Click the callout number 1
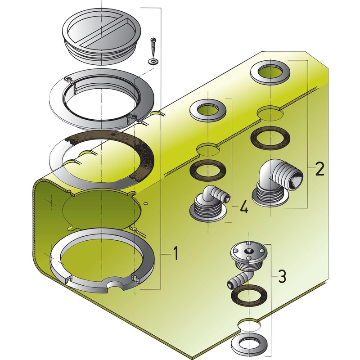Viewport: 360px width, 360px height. (x=175, y=253)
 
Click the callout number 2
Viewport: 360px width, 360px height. (x=319, y=169)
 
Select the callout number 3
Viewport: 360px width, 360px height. (x=282, y=276)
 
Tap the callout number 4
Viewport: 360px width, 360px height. (x=243, y=207)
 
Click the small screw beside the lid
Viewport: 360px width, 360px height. (x=153, y=48)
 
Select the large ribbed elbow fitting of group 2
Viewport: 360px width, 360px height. (x=278, y=185)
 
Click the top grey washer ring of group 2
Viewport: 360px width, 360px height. (x=270, y=72)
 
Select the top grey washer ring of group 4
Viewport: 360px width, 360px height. (x=208, y=111)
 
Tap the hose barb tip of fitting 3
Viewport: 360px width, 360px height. (x=229, y=285)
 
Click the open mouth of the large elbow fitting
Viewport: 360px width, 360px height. (x=296, y=179)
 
